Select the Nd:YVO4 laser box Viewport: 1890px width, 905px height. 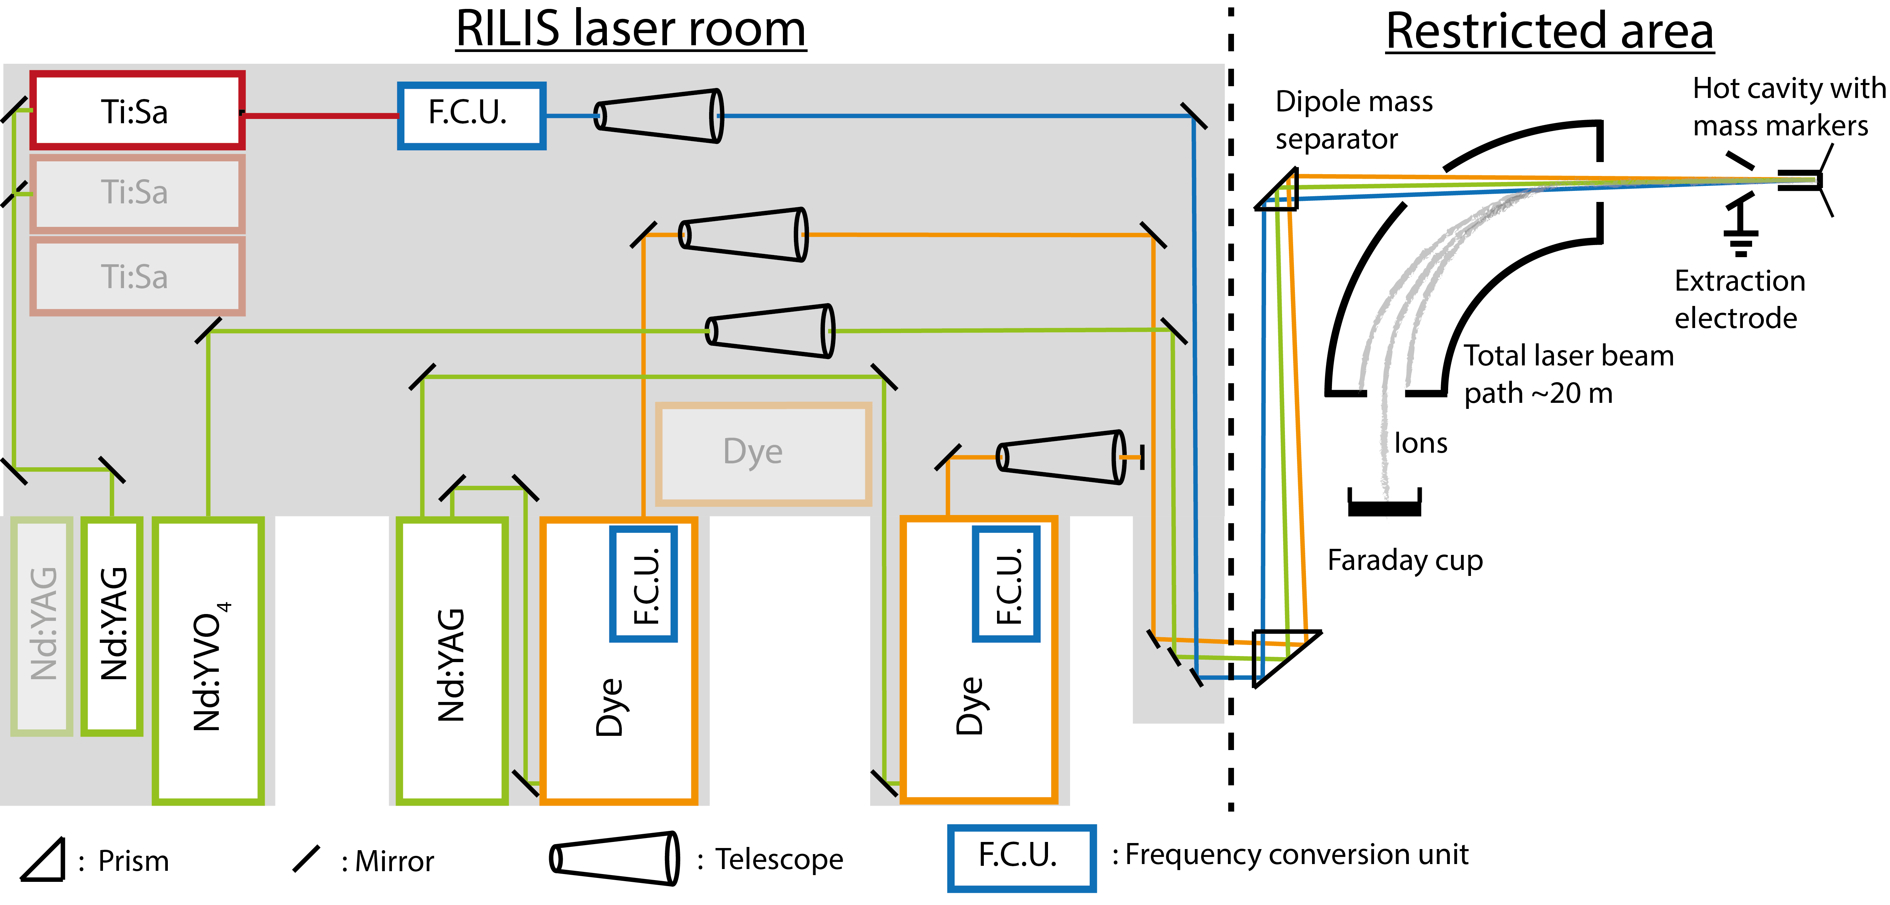[208, 660]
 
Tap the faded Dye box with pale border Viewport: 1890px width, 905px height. [763, 453]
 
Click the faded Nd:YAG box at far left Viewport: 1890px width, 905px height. [42, 625]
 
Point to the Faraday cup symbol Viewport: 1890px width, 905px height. [1384, 505]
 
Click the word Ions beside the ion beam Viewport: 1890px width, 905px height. [1420, 443]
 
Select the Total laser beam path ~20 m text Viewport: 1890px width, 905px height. [1569, 374]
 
